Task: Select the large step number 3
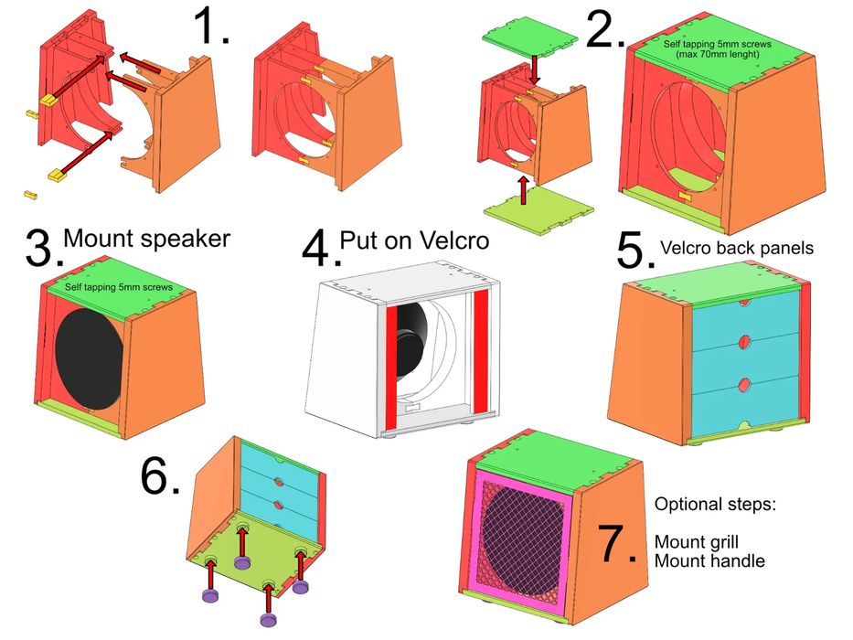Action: click(41, 250)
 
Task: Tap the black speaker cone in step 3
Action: click(89, 357)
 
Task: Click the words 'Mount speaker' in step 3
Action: click(146, 240)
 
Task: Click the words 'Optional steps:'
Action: click(715, 504)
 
